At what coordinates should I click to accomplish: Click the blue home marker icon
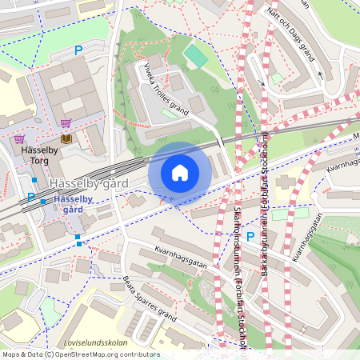point(179,172)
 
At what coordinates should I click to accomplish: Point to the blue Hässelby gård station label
point(73,202)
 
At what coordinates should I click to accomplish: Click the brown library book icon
point(65,139)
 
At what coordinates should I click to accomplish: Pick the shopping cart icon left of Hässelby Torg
point(19,139)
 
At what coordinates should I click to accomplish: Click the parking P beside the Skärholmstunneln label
point(250,237)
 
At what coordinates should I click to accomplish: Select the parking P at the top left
point(78,50)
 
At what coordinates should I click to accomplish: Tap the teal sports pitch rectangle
point(195,57)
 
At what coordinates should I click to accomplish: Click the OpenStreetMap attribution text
point(81,354)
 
